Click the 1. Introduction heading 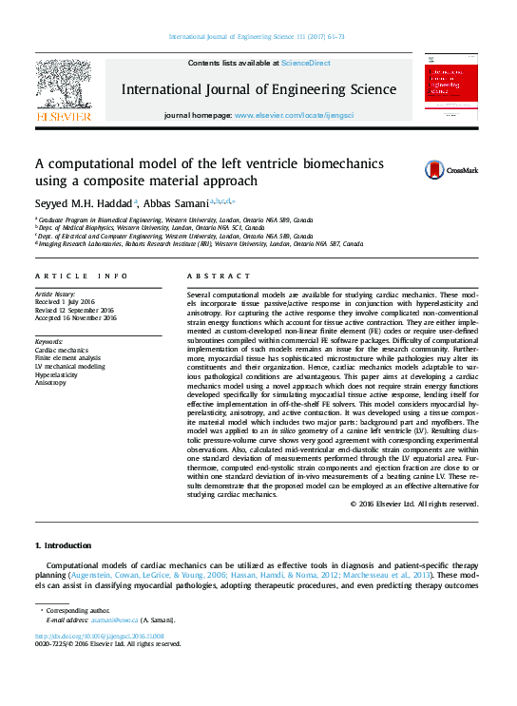pyautogui.click(x=63, y=545)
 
